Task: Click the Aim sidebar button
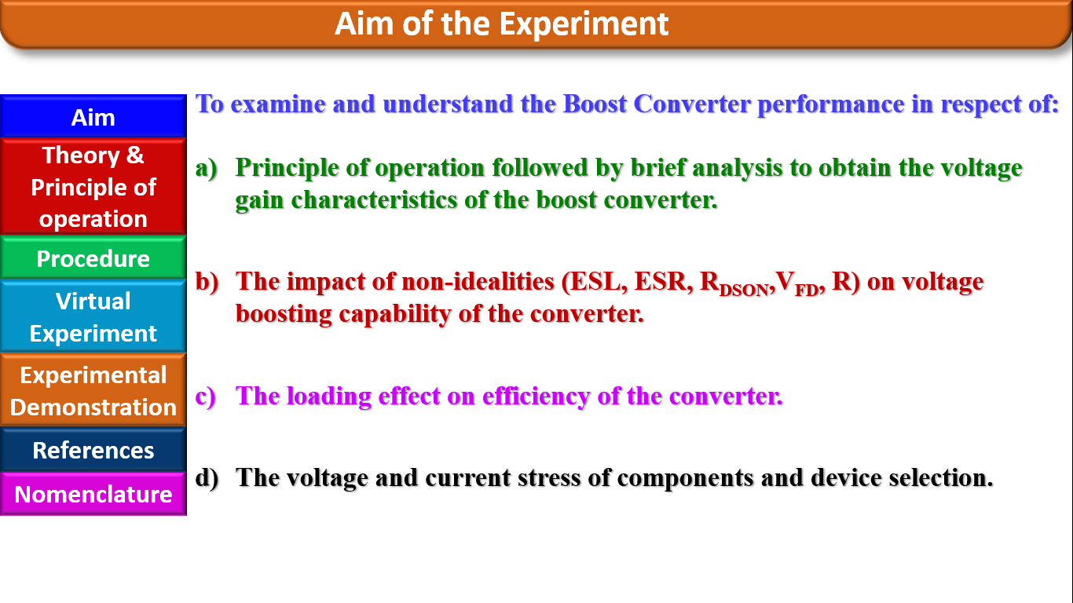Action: click(93, 117)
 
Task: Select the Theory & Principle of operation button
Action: click(93, 187)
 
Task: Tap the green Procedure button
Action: click(93, 258)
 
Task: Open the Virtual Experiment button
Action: click(93, 316)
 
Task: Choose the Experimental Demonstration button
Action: click(93, 390)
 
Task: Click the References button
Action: click(93, 450)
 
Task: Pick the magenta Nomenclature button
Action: click(93, 494)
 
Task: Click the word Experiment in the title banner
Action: click(584, 24)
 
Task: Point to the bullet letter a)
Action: click(206, 168)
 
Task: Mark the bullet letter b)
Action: click(207, 282)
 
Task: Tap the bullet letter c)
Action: click(205, 397)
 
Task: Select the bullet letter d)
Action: click(207, 478)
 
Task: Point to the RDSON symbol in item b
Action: click(731, 284)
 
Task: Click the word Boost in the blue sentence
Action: click(595, 104)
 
